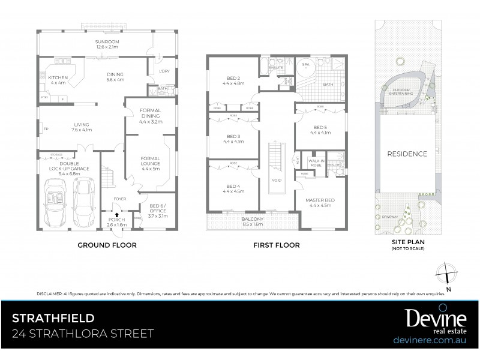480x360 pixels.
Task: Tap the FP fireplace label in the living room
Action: pos(46,128)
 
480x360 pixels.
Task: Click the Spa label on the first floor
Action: pos(305,64)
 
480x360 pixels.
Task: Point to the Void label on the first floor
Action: pos(276,180)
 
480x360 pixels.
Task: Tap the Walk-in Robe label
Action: pos(316,163)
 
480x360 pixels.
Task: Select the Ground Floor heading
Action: pos(107,245)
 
